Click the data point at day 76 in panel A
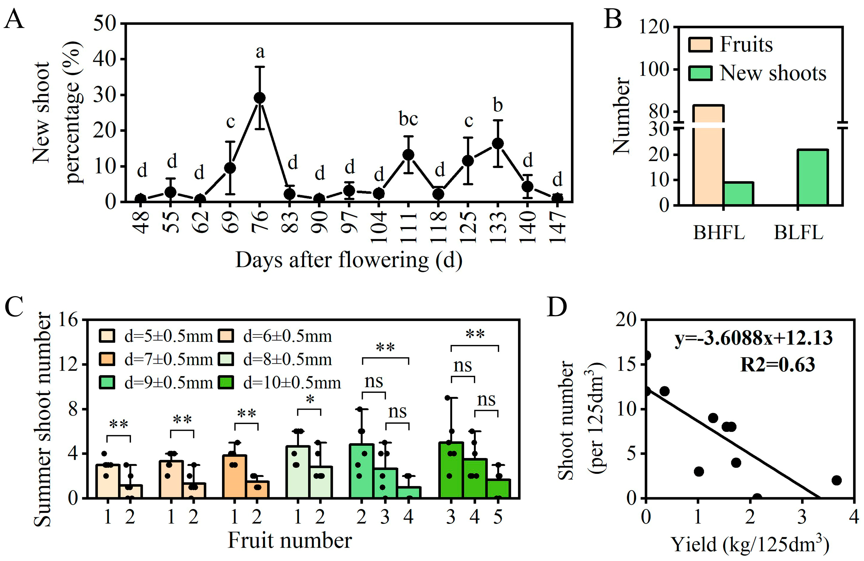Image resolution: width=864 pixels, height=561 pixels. coord(259,98)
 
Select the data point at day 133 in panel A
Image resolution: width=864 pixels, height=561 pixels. coord(498,144)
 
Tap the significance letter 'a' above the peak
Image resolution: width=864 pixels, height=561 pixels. coord(260,52)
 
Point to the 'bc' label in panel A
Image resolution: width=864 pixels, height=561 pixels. coord(409,119)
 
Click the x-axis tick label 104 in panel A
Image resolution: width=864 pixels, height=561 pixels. coord(379,227)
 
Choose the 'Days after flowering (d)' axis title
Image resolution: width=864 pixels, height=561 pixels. coord(349,260)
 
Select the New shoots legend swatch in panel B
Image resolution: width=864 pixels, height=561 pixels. coord(700,73)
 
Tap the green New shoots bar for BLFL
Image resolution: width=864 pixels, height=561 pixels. coord(812,177)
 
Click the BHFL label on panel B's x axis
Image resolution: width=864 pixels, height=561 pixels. coord(719,233)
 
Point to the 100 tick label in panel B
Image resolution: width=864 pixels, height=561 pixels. coord(653,70)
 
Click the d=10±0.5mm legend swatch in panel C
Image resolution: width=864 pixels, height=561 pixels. coord(226,383)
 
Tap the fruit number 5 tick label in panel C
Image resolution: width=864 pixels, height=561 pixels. coord(498,517)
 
